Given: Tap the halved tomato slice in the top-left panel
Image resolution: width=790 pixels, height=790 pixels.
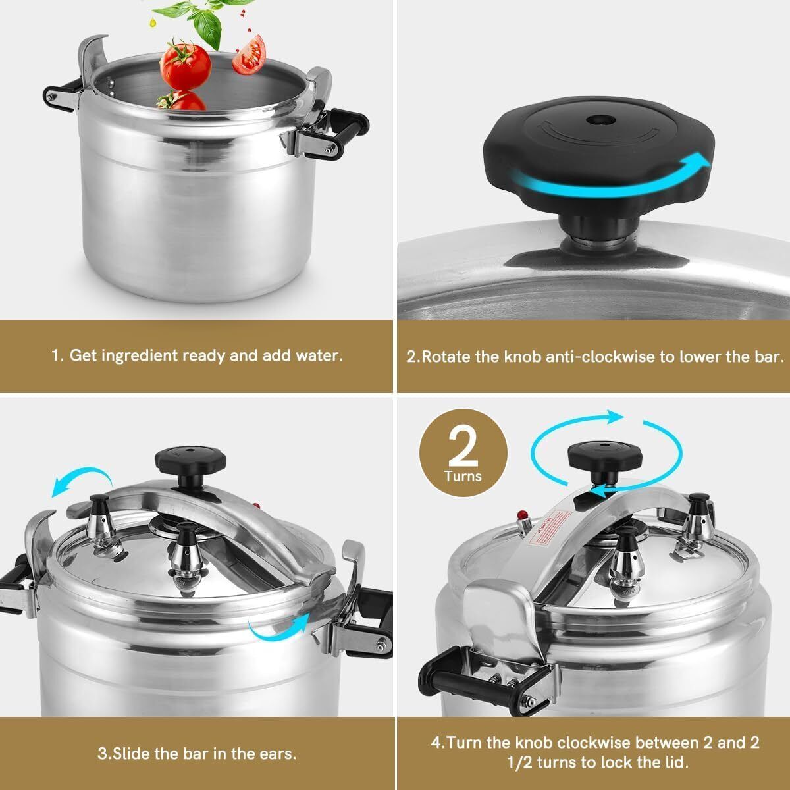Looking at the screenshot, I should (250, 54).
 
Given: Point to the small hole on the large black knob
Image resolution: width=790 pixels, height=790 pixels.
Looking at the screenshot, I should (598, 120).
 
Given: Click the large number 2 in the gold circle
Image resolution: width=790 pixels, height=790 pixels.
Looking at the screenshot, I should (464, 446).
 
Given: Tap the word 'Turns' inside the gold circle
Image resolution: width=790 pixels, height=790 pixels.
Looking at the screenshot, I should (463, 476).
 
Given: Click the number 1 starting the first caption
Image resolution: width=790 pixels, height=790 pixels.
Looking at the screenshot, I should (55, 356).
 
